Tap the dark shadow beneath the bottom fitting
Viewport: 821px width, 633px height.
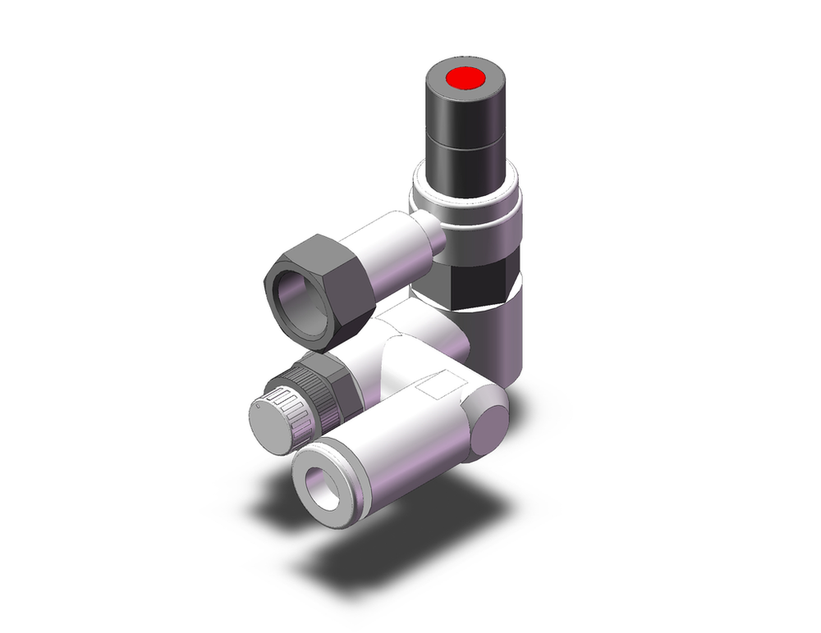386,558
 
